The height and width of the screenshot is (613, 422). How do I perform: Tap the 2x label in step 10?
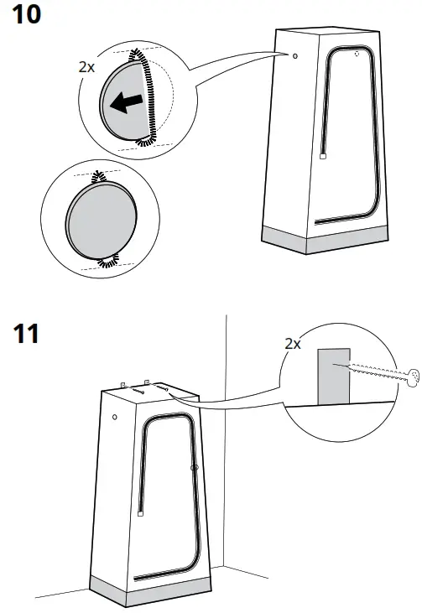pyautogui.click(x=87, y=67)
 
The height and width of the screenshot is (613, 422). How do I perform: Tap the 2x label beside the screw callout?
pyautogui.click(x=294, y=343)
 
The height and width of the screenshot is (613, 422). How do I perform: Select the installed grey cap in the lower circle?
pyautogui.click(x=93, y=221)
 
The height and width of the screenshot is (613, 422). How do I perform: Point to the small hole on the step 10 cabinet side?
pyautogui.click(x=294, y=56)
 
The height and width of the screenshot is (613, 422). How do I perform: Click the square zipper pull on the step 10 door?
pyautogui.click(x=323, y=156)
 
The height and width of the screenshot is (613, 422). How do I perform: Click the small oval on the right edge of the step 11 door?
pyautogui.click(x=193, y=466)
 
